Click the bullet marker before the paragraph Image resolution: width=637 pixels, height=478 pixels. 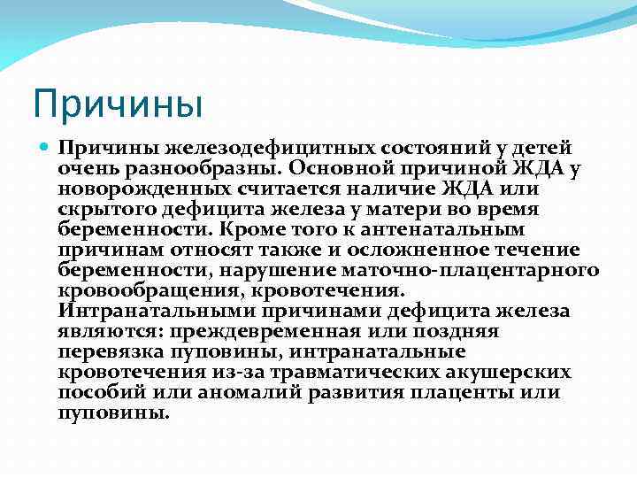pos(45,147)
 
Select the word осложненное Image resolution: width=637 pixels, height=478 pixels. pos(416,250)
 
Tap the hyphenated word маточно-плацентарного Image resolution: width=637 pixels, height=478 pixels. pos(462,270)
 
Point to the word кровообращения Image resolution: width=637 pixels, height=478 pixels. pos(144,290)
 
